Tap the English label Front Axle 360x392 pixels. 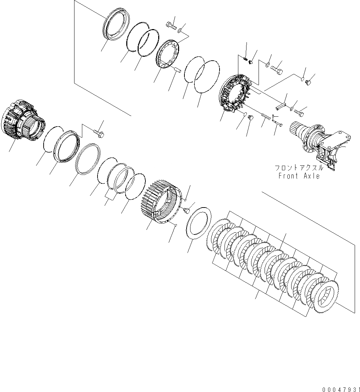[x=299, y=176]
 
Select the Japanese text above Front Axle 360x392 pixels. [x=299, y=168]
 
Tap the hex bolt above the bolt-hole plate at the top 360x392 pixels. [x=172, y=26]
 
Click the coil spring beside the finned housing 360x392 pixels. [x=265, y=116]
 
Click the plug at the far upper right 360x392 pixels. [x=308, y=83]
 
